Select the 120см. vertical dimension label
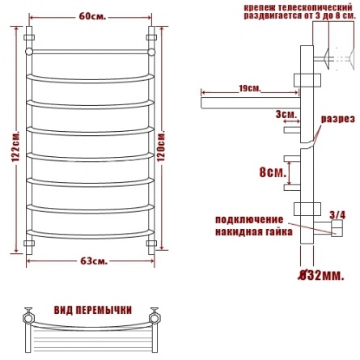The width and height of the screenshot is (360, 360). [x=161, y=146]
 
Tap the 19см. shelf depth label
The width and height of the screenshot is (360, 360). [x=250, y=88]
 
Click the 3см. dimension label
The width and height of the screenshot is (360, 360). [x=286, y=114]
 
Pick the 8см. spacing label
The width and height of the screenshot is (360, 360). [x=273, y=172]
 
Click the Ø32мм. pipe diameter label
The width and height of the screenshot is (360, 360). [x=321, y=276]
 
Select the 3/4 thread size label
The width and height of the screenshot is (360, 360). [x=337, y=215]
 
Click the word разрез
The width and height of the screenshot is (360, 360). [x=337, y=119]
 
